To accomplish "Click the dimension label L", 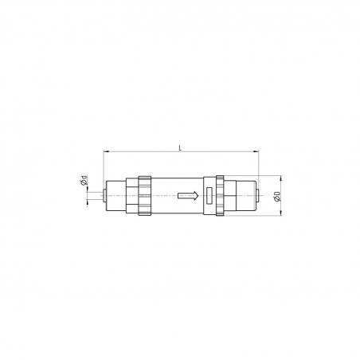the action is pyautogui.click(x=181, y=147).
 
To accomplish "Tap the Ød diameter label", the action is pyautogui.click(x=84, y=180).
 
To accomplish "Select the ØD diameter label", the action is pyautogui.click(x=277, y=196).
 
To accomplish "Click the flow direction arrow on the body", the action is pyautogui.click(x=188, y=196).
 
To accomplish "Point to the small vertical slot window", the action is pyautogui.click(x=209, y=196).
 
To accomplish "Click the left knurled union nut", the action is pyautogui.click(x=144, y=196).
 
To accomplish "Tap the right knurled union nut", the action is pyautogui.click(x=220, y=196).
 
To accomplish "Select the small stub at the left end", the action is pyautogui.click(x=104, y=196).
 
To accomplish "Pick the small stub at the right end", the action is pyautogui.click(x=258, y=196).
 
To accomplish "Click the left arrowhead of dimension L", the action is pyautogui.click(x=106, y=151).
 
